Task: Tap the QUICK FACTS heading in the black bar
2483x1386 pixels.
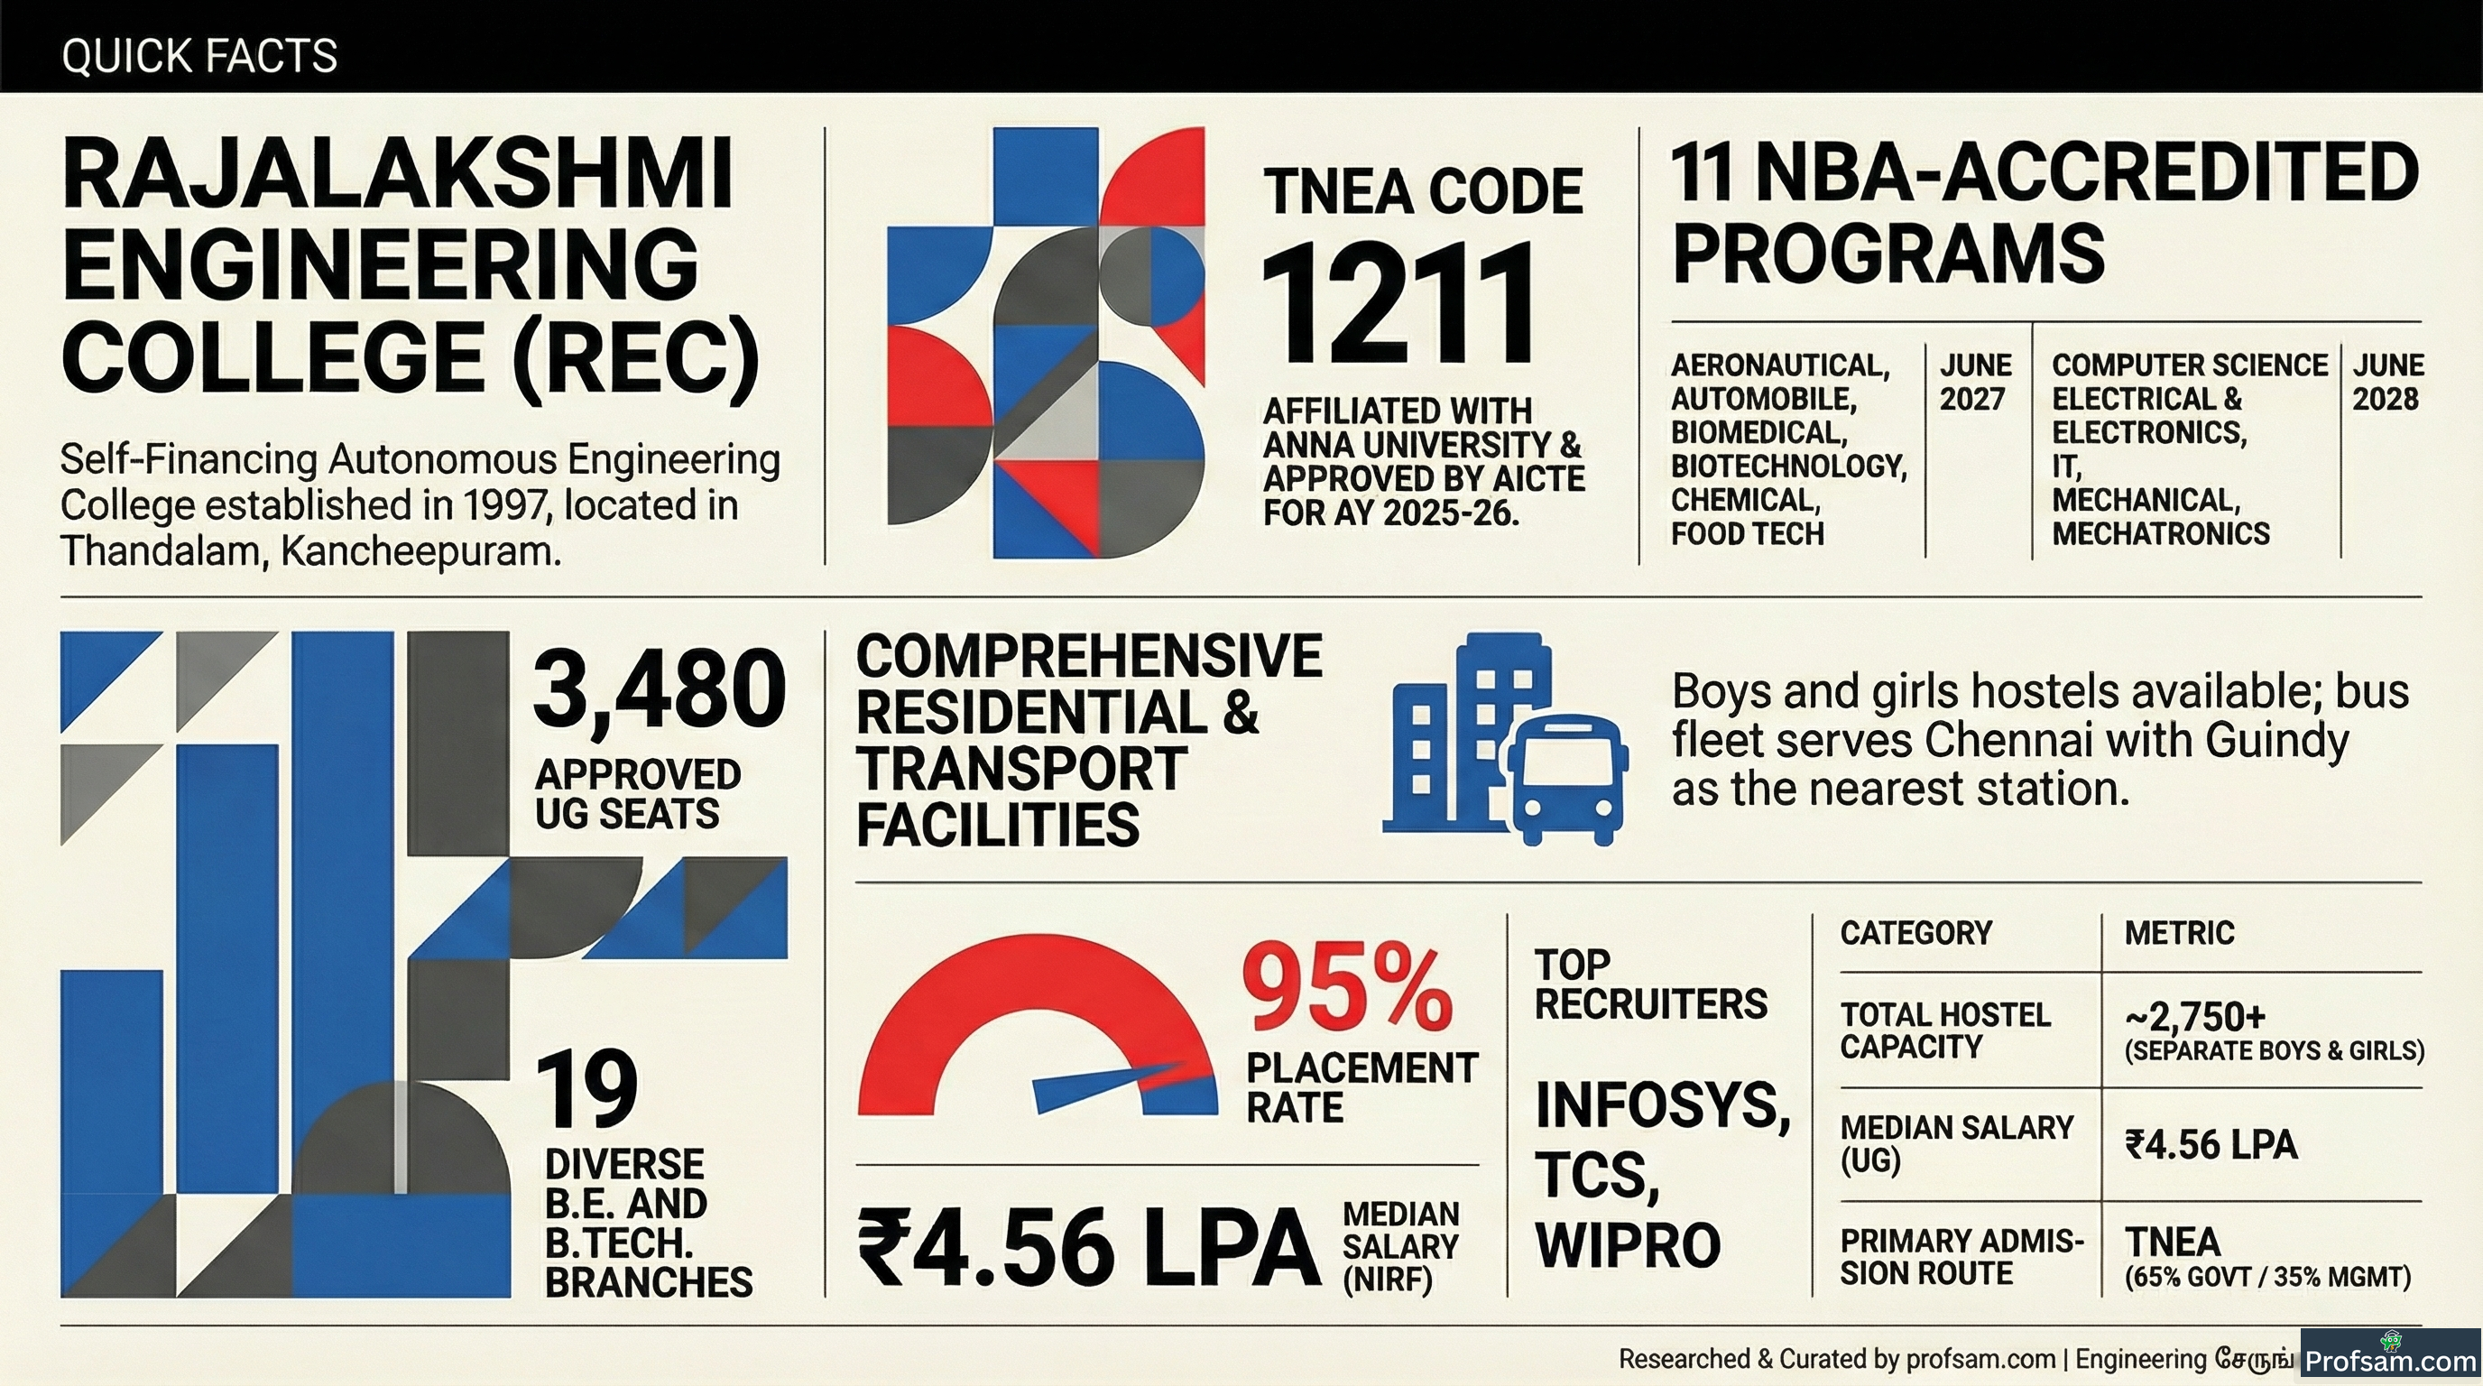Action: [199, 56]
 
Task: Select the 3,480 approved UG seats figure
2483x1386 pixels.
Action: [660, 688]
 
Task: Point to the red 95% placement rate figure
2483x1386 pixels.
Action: [1348, 987]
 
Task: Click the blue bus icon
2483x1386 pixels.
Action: [1566, 779]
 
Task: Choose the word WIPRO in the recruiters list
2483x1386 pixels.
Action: [1628, 1244]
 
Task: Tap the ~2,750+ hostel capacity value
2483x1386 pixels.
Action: [2195, 1016]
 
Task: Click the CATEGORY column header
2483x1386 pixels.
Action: [1916, 933]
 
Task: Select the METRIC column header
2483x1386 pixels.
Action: [2179, 933]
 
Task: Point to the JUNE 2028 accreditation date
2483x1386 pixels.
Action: [2387, 382]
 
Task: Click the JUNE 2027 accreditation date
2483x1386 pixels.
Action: [1975, 382]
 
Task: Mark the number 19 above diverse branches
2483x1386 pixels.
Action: [587, 1089]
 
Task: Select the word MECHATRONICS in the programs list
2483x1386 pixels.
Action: [2161, 533]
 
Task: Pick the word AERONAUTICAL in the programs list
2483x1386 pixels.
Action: [1780, 365]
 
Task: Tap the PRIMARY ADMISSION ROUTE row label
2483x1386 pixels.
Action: [1961, 1257]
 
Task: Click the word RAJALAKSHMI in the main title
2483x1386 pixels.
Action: [398, 174]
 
